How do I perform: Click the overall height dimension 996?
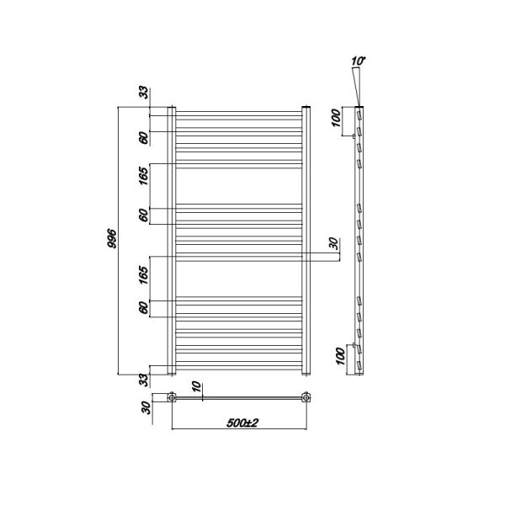click(111, 239)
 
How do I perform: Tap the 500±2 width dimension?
click(242, 423)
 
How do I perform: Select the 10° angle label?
click(359, 61)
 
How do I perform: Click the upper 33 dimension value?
click(144, 93)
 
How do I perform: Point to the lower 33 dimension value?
click(144, 380)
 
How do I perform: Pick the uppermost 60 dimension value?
click(144, 138)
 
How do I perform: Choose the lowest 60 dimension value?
click(144, 307)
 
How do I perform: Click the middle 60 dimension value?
click(144, 215)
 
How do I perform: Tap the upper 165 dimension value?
click(144, 174)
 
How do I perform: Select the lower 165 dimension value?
click(144, 274)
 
